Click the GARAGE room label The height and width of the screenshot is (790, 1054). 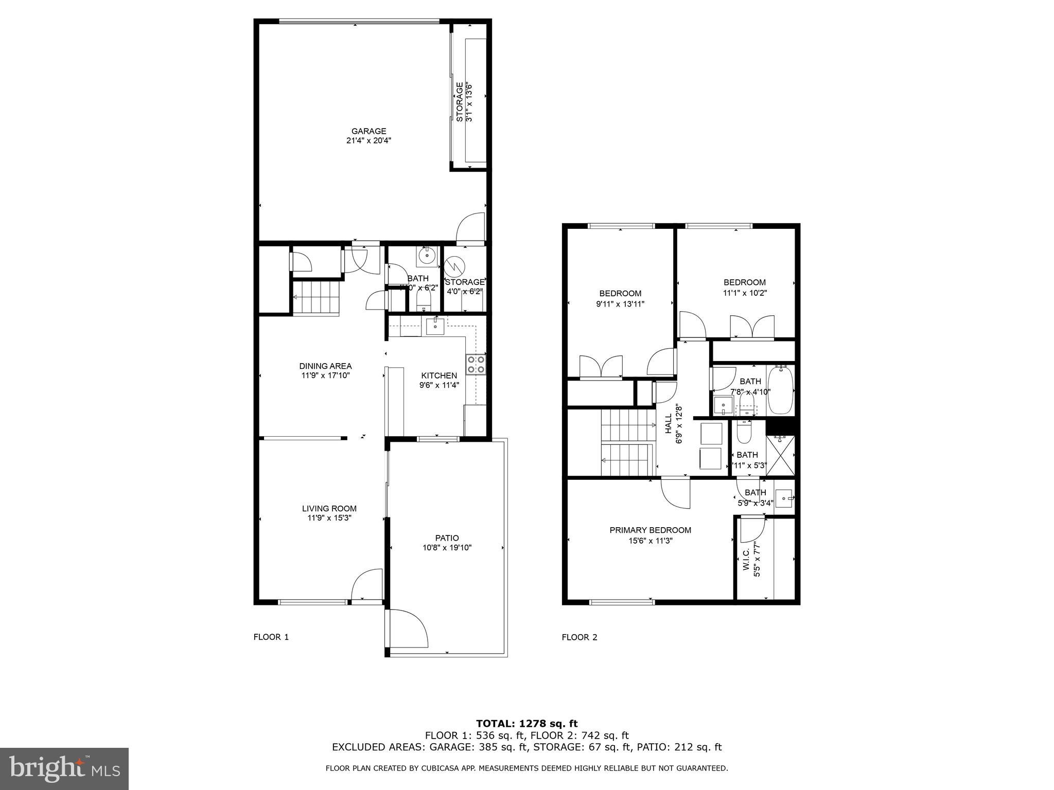(368, 131)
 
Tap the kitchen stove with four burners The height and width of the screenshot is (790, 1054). (476, 364)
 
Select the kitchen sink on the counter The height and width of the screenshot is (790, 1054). (435, 326)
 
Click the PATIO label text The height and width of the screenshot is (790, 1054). (447, 538)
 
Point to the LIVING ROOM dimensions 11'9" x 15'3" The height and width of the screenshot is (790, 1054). (329, 518)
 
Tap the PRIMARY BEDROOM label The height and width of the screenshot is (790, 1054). (650, 530)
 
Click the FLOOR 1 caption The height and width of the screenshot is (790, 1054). (271, 637)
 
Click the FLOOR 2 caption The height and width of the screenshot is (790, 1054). (579, 637)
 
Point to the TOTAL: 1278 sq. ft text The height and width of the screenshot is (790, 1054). (527, 724)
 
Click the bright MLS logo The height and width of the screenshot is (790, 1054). (64, 769)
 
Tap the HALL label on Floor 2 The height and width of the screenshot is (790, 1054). (668, 424)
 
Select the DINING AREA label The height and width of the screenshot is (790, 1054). (325, 366)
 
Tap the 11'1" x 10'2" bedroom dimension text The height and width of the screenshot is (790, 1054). (745, 293)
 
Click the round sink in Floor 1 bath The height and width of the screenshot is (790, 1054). (427, 255)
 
